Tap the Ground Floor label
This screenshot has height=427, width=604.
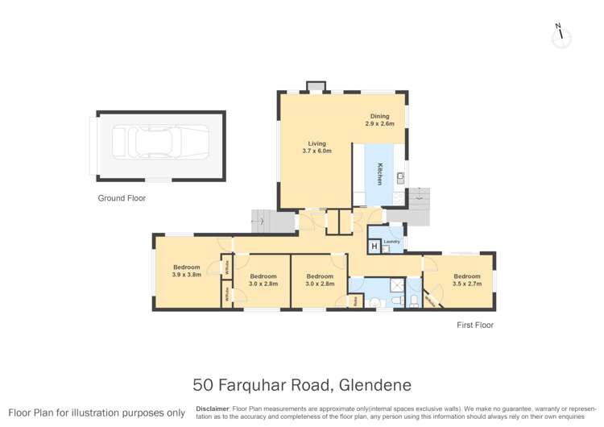(x=122, y=197)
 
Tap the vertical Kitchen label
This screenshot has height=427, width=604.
(x=381, y=174)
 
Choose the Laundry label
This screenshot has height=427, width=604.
(x=392, y=241)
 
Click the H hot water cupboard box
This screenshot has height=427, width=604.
(x=374, y=246)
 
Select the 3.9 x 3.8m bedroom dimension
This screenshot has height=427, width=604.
(x=186, y=275)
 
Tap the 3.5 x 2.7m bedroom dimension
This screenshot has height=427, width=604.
(x=467, y=284)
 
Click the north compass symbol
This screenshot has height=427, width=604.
(x=561, y=35)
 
